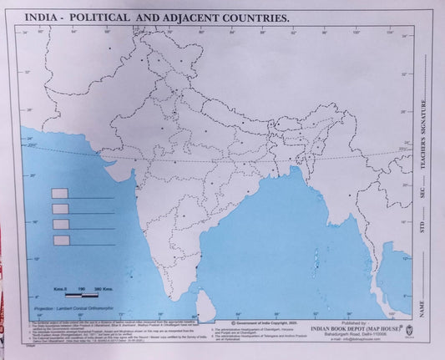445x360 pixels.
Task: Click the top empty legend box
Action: click(x=60, y=193)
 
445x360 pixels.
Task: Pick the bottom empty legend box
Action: click(x=60, y=241)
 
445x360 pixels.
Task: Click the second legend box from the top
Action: click(x=60, y=209)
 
